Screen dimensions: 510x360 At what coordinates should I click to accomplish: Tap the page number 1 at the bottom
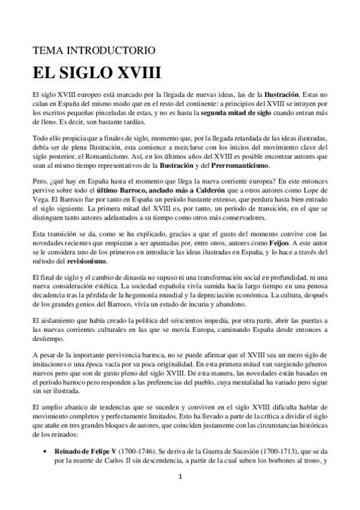click(x=180, y=493)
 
